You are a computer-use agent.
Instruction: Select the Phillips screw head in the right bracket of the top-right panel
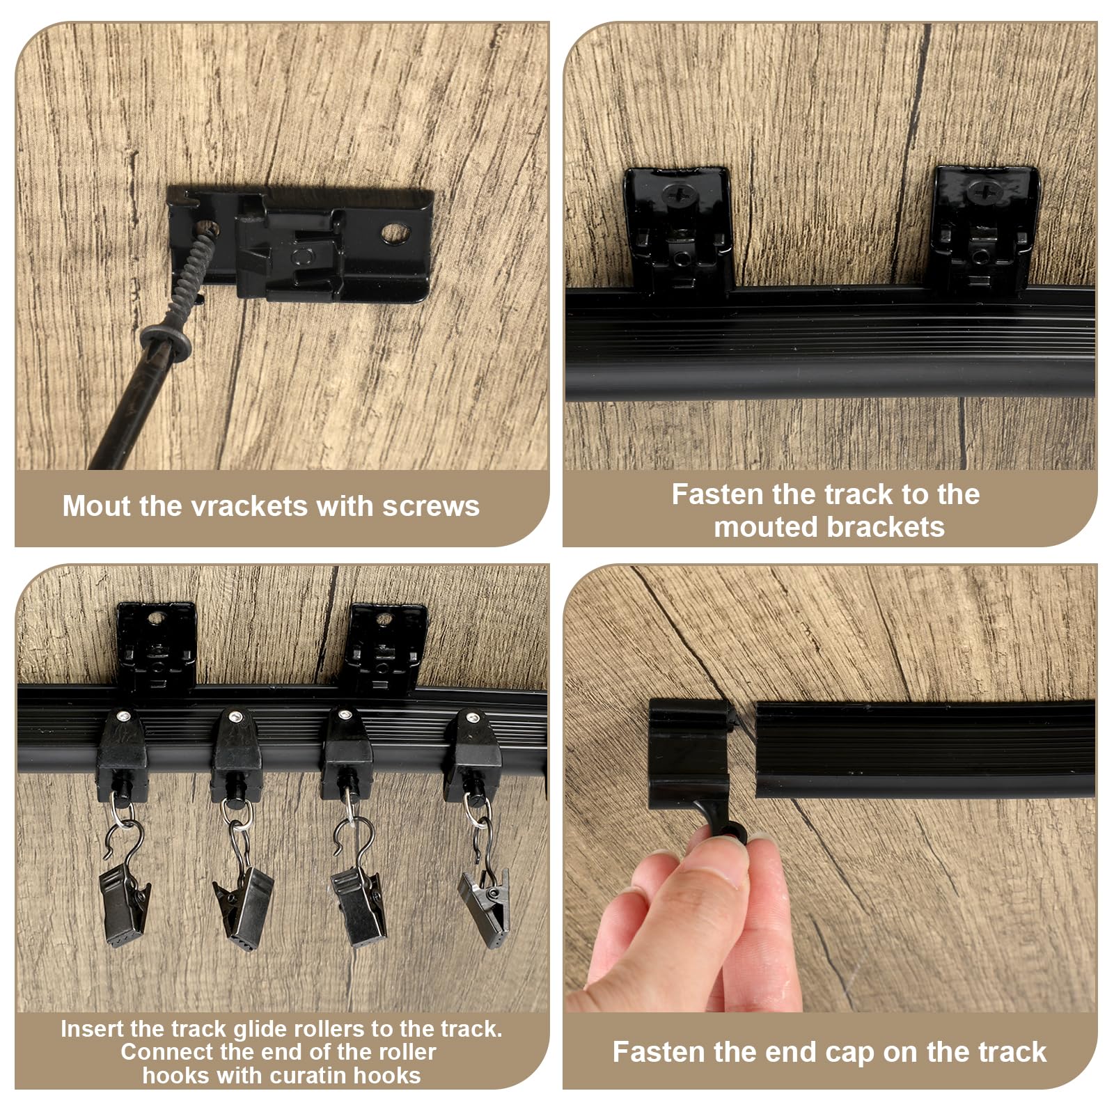point(984,192)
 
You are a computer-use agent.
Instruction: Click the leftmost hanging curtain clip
point(125,904)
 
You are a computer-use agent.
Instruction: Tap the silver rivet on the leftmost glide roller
point(123,716)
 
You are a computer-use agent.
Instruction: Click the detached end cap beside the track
point(689,753)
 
